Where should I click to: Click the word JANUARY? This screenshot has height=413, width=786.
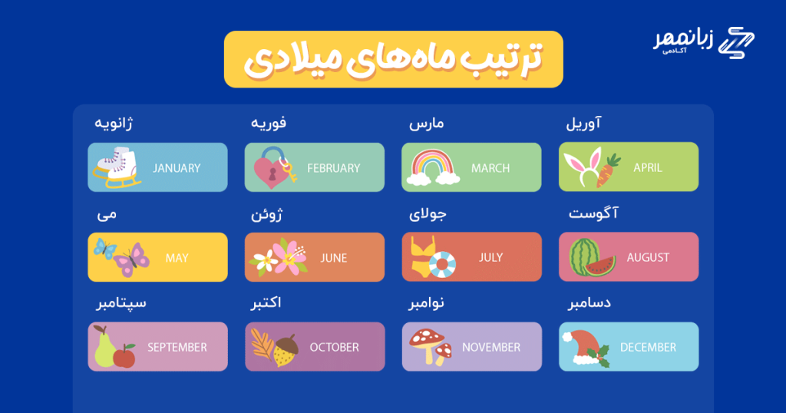coord(177,168)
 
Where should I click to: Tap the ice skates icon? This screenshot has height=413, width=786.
coord(117,167)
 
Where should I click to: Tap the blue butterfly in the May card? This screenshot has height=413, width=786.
coord(104,249)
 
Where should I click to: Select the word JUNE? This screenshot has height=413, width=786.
coord(333,258)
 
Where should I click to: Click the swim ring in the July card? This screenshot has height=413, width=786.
coord(442,264)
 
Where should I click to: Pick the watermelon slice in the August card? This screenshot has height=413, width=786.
coord(599,266)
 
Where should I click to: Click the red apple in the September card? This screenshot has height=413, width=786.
coord(124,356)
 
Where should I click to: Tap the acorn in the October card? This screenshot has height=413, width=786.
coord(286,350)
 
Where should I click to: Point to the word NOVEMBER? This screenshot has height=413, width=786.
coord(490,347)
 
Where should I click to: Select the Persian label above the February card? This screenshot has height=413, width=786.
coord(268,124)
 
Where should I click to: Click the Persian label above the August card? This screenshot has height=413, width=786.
coord(593,213)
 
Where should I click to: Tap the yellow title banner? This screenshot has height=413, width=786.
coord(394,59)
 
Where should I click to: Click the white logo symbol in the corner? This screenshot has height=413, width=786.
coord(736,42)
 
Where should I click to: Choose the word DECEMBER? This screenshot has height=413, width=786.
coord(648,347)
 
